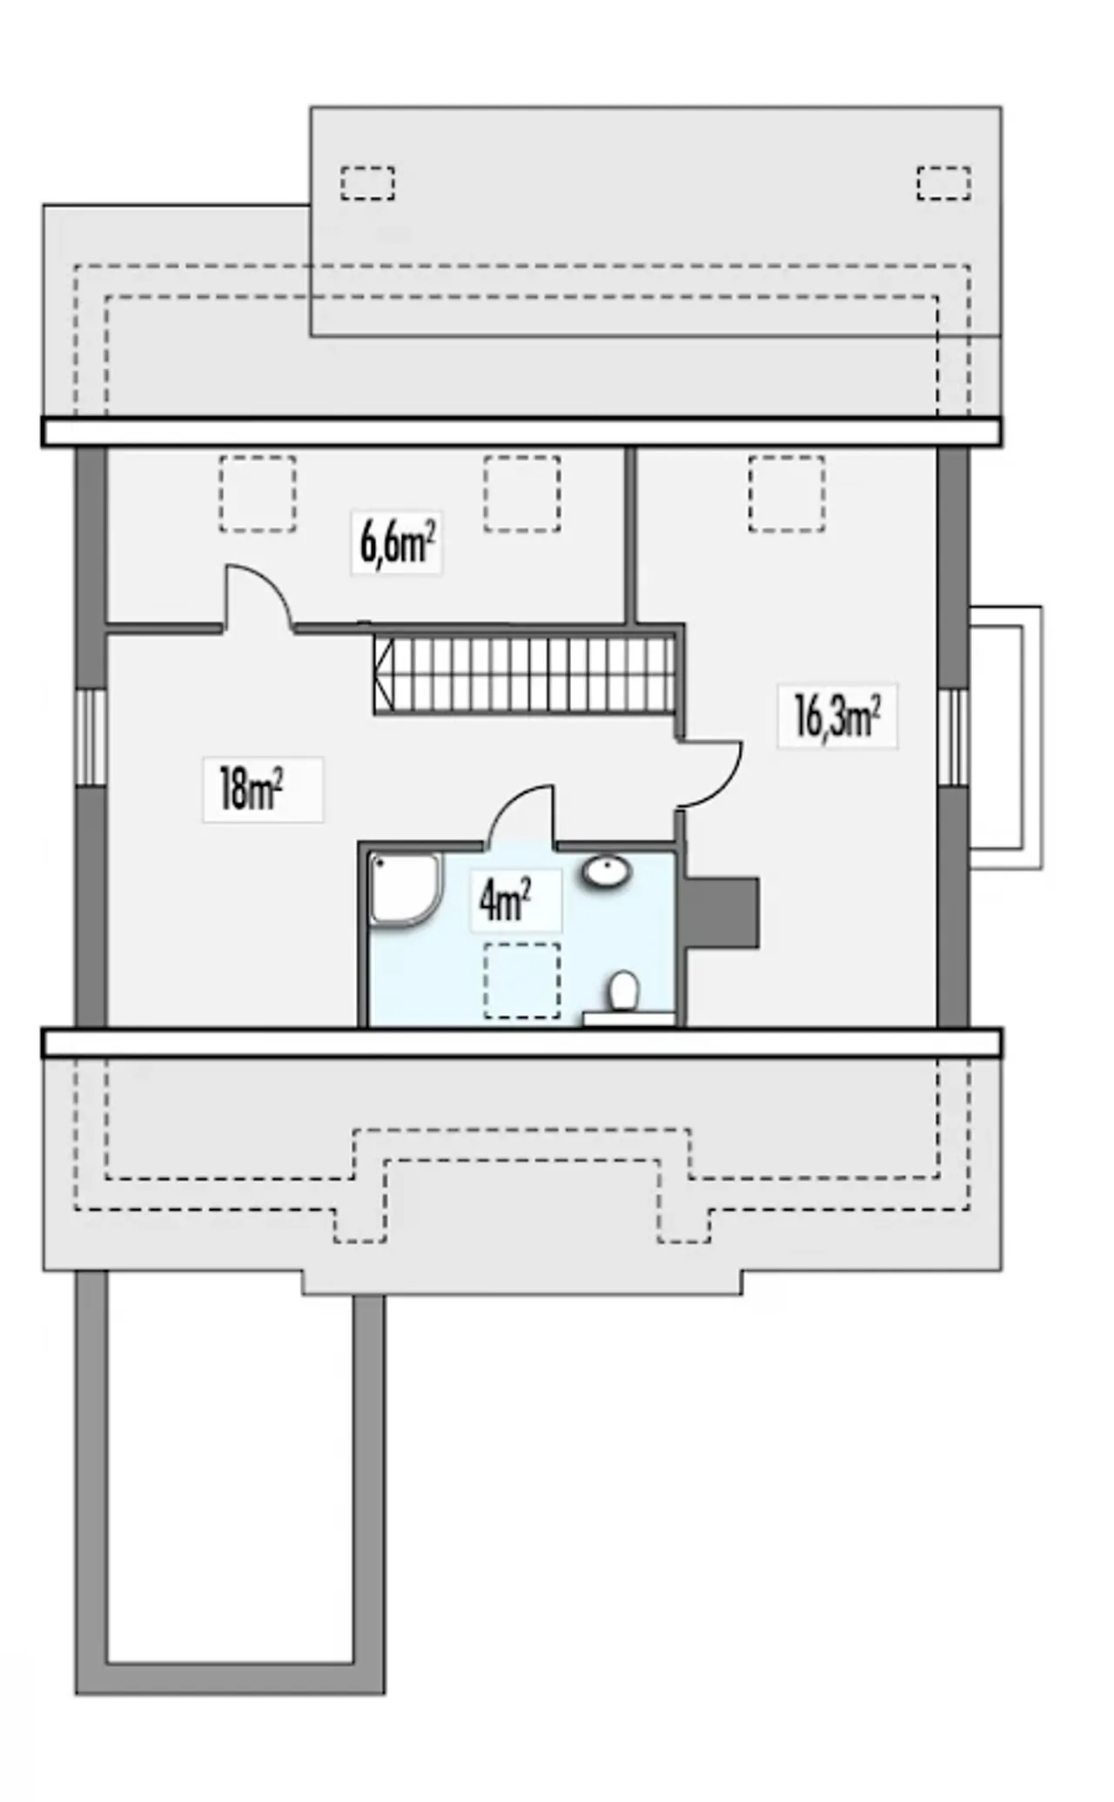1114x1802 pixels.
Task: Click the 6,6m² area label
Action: pos(397,543)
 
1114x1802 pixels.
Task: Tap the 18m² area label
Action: pos(252,790)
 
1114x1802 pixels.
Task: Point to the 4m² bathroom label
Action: pos(506,901)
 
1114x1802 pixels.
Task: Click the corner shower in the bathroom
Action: pos(405,891)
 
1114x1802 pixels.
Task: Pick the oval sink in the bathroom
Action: pos(606,871)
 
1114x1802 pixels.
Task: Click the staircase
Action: pos(525,676)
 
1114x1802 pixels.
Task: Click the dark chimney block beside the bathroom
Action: pos(721,912)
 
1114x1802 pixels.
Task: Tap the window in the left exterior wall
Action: pos(91,737)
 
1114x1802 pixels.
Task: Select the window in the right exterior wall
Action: pos(953,737)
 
